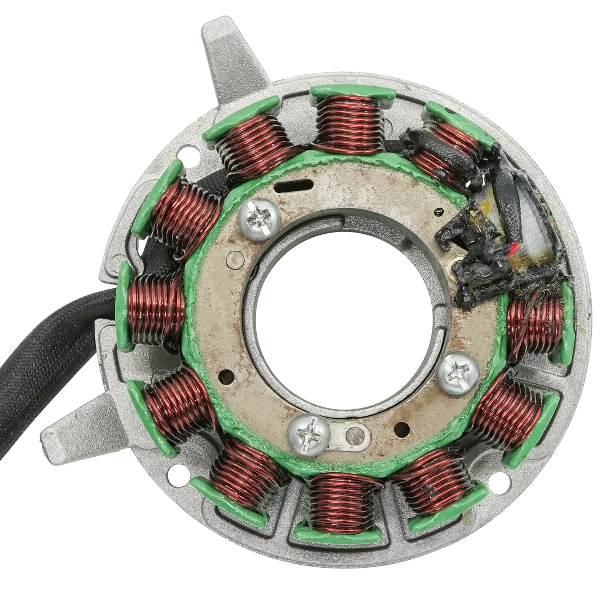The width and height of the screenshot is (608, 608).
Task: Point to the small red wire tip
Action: click(514, 249)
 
